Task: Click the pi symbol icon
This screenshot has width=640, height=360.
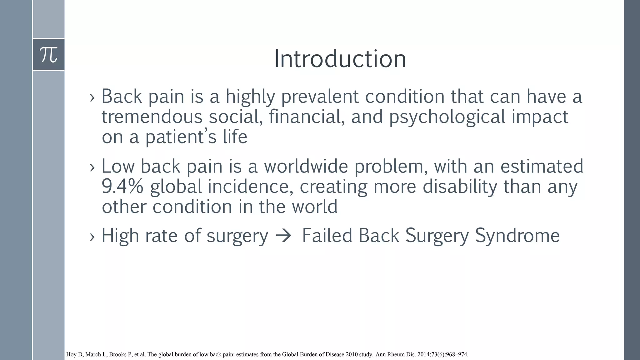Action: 49,55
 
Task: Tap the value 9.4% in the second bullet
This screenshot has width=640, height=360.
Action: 122,187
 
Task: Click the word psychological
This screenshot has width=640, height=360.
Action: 447,117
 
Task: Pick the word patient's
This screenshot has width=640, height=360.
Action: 181,137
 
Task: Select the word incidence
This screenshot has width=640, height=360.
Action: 250,187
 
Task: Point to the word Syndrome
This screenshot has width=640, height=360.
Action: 517,236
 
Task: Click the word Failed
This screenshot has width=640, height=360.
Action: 327,236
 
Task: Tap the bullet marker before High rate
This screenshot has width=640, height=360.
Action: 92,237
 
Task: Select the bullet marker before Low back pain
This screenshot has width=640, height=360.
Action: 92,167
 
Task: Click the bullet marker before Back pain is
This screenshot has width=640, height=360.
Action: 92,97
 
